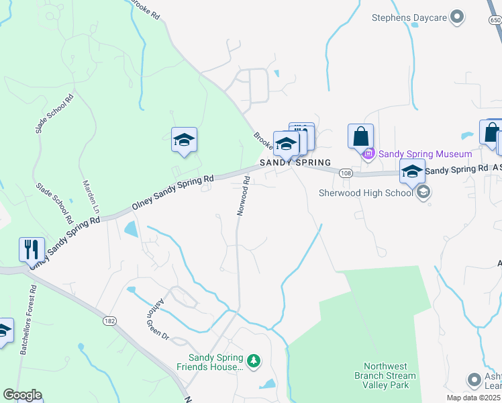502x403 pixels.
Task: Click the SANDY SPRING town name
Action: [295, 163]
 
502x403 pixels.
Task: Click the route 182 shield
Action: [109, 322]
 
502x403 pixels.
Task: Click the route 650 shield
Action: [495, 21]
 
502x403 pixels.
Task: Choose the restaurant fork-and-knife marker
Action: [32, 250]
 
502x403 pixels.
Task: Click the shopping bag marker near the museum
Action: [360, 136]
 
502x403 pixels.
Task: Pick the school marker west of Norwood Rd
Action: [184, 140]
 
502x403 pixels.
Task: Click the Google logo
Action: [22, 395]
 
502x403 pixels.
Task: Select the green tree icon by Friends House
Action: [253, 361]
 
